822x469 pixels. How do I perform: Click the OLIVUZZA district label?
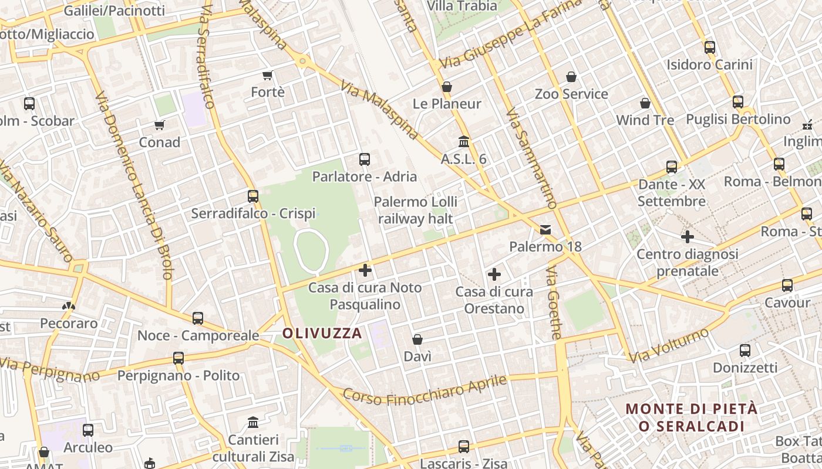[x=322, y=333]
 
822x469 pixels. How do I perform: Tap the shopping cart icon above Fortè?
[x=268, y=75]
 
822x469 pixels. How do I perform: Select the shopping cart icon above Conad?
[x=159, y=125]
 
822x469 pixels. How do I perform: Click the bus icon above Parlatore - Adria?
[x=365, y=159]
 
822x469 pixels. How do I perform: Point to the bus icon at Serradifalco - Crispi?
[x=253, y=196]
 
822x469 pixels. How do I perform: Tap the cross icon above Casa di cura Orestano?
[x=494, y=274]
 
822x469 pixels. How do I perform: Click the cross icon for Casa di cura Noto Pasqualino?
[x=365, y=270]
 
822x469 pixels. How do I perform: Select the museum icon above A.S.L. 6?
[x=464, y=141]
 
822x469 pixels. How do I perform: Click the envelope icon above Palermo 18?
[x=545, y=229]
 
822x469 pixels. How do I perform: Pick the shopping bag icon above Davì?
[x=417, y=339]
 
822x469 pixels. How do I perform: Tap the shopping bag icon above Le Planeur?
[x=447, y=87]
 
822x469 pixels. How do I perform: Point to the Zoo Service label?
[x=571, y=94]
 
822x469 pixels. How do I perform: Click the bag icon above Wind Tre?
[x=645, y=103]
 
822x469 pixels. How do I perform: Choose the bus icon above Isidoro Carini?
[x=710, y=47]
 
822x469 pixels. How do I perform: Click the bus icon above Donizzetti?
[x=745, y=351]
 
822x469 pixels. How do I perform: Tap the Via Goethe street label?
[x=554, y=303]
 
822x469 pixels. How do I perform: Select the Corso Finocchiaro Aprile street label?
[x=425, y=389]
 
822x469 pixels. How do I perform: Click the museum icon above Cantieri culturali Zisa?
[x=254, y=422]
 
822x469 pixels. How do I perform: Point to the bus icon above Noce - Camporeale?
[x=198, y=318]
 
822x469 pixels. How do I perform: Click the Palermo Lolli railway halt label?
[x=416, y=210]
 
